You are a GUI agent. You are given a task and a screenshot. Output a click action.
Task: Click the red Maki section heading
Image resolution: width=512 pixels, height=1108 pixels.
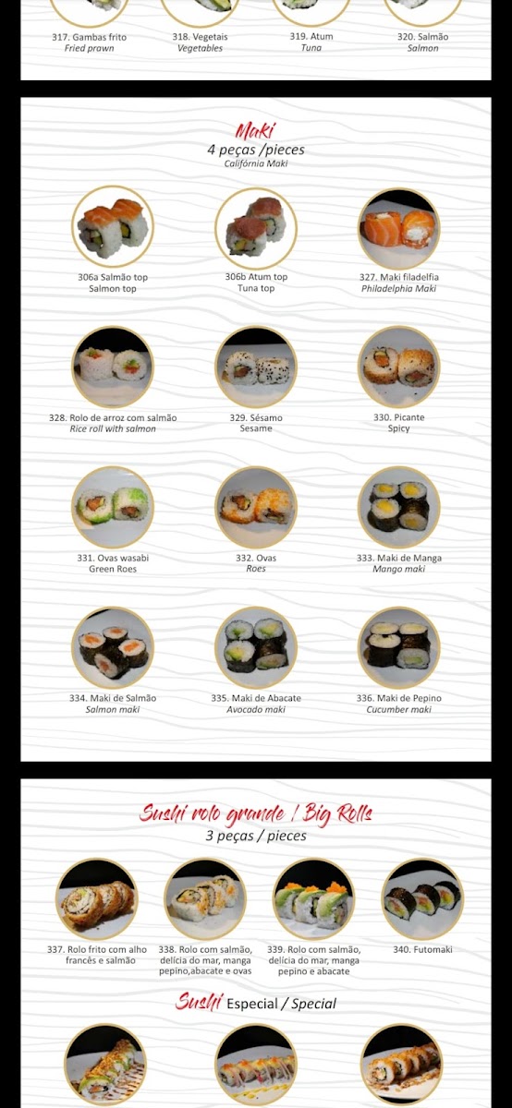click(x=255, y=131)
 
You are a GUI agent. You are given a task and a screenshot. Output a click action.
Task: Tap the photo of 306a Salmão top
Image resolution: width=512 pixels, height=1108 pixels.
click(x=113, y=227)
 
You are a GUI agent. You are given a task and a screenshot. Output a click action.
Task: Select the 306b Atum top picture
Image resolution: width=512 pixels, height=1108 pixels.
click(x=256, y=228)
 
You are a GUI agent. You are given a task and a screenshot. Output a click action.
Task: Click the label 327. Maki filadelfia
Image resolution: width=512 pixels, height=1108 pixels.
click(x=399, y=277)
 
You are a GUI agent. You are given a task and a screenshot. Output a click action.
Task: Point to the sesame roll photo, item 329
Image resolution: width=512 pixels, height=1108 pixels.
click(x=256, y=367)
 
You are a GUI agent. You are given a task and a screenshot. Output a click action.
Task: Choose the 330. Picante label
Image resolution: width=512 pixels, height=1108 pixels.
click(x=399, y=417)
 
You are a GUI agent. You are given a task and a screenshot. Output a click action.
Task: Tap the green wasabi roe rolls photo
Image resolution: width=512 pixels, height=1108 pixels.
click(x=113, y=508)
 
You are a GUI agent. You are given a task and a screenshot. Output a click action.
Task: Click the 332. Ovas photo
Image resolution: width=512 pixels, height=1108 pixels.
click(x=256, y=508)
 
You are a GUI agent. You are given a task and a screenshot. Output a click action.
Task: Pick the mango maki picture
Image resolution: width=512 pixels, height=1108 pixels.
click(x=399, y=508)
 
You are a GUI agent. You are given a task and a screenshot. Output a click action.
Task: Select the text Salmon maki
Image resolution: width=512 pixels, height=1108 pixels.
click(x=113, y=709)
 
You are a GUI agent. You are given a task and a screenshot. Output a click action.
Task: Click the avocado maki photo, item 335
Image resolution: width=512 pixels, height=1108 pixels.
click(x=256, y=647)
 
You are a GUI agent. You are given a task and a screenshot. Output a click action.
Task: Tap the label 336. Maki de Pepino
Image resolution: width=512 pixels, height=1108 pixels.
click(x=399, y=698)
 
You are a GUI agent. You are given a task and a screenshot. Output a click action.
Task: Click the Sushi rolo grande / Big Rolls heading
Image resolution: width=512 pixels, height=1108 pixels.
click(x=255, y=813)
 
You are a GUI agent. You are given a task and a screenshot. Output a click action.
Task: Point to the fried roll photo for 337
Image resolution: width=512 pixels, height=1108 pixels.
click(x=97, y=898)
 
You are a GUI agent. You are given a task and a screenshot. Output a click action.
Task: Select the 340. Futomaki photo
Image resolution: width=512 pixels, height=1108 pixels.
click(x=423, y=898)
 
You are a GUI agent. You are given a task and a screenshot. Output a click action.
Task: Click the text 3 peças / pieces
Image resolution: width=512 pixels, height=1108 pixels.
click(x=256, y=836)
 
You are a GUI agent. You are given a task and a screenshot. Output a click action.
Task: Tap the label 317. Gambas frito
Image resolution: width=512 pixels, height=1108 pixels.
click(x=89, y=37)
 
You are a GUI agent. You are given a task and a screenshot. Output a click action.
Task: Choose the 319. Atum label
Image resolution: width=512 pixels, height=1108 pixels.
click(x=311, y=36)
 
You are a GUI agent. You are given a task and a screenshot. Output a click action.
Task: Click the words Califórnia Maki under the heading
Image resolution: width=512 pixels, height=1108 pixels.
click(x=256, y=163)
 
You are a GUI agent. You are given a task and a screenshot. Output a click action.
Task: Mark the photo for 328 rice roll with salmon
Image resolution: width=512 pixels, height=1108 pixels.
click(x=113, y=367)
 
